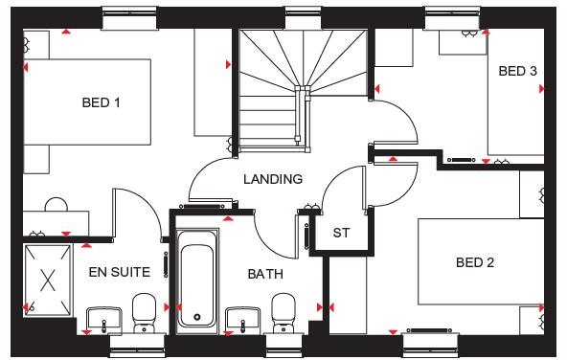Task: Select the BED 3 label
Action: pyautogui.click(x=517, y=71)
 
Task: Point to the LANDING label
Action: pyautogui.click(x=273, y=179)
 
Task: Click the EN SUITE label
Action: pyautogui.click(x=119, y=272)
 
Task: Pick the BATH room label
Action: pyautogui.click(x=265, y=274)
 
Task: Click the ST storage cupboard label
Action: pyautogui.click(x=341, y=233)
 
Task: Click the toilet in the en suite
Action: pyautogui.click(x=144, y=311)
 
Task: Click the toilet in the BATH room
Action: pyautogui.click(x=283, y=311)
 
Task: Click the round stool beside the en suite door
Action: pyautogui.click(x=55, y=205)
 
